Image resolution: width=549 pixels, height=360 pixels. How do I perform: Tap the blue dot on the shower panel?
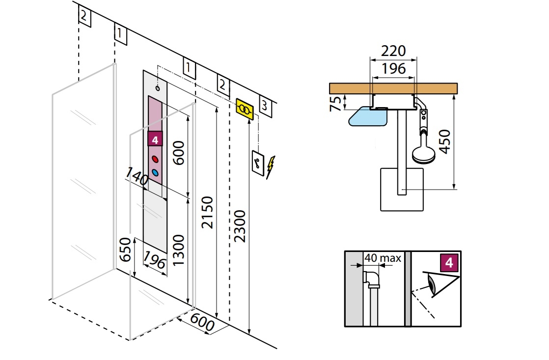coord(155,172)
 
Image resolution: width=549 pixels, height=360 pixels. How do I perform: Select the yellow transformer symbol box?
coord(245,109)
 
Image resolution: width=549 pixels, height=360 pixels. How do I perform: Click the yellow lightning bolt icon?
coord(271,166)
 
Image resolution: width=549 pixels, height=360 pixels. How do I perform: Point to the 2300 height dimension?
coord(240,226)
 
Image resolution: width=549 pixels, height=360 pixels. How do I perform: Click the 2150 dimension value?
coord(208,212)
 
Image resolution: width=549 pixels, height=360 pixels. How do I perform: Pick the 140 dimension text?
coord(137,176)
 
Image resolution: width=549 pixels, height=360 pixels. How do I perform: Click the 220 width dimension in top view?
coord(394,51)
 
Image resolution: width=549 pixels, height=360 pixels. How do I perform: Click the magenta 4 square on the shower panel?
coord(155,139)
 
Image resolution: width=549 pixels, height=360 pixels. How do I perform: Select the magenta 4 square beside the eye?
coord(449,263)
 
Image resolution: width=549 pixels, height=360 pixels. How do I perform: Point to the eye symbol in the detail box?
coord(431,284)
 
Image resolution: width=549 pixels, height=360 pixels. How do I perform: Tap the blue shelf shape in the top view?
coord(368,116)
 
